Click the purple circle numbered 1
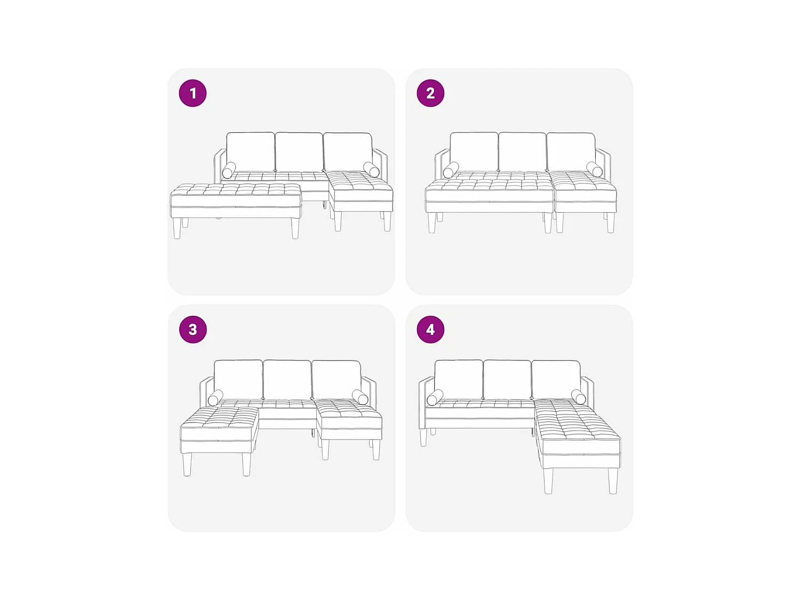point(193,93)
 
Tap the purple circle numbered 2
point(430,93)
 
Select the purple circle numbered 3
point(193,329)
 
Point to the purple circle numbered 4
point(430,329)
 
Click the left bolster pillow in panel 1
point(229,170)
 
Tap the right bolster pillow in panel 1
point(371,170)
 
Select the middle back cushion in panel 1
point(299,151)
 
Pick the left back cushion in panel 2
point(474,151)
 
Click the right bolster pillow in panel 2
point(595,170)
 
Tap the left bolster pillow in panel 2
point(451,170)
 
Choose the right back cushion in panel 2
point(571,151)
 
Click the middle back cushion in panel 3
point(287,380)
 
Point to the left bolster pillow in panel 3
point(215,398)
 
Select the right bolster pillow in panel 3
point(360,397)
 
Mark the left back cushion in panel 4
point(459,379)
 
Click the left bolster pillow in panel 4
point(435,397)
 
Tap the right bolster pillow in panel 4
point(579,397)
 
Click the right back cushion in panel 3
point(336,380)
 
